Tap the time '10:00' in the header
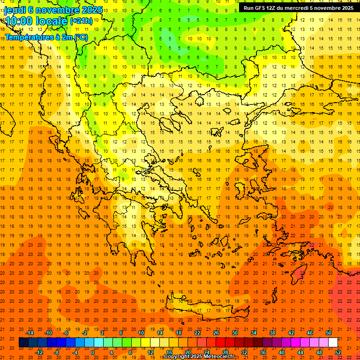[x=21, y=21]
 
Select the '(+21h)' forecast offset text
[x=82, y=22]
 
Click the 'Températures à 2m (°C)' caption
[x=46, y=37]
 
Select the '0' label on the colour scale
[x=93, y=352]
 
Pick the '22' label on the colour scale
[x=197, y=333]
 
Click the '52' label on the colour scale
[x=338, y=352]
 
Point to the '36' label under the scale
[x=263, y=352]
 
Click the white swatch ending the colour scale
[x=333, y=343]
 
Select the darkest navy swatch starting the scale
[x=23, y=343]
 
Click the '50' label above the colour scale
[x=329, y=333]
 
